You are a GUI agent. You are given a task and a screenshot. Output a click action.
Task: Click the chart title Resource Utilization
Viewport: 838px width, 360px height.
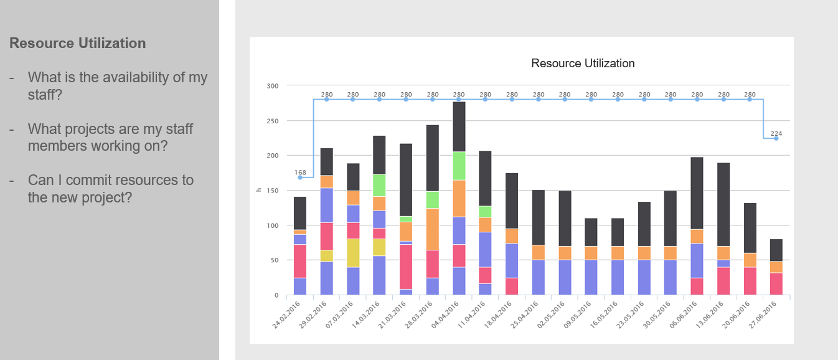(x=583, y=64)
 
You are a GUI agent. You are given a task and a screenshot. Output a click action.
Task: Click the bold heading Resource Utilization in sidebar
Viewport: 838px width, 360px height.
(x=78, y=44)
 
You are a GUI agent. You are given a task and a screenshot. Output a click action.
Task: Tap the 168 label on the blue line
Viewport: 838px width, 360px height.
(x=300, y=172)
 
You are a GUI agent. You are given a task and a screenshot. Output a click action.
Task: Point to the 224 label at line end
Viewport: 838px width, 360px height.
(x=776, y=133)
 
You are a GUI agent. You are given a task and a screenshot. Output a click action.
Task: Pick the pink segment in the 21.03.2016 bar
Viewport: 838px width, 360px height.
(x=406, y=267)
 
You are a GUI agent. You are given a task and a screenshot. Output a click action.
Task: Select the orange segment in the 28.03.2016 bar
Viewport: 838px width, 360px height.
(x=432, y=229)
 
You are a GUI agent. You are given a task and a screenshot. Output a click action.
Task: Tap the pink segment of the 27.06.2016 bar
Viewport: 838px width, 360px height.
(x=776, y=283)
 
